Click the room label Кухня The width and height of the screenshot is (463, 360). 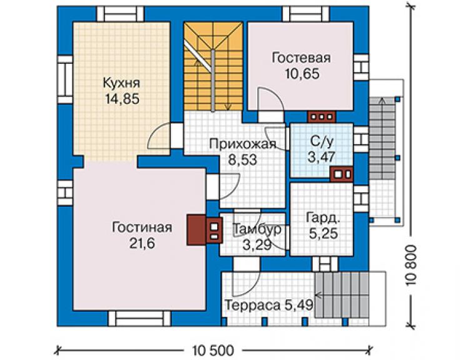click(x=121, y=83)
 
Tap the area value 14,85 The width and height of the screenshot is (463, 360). click(x=122, y=99)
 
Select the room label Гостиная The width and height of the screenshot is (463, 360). click(x=142, y=228)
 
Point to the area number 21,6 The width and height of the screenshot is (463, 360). click(x=142, y=244)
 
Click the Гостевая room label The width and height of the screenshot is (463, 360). click(x=301, y=58)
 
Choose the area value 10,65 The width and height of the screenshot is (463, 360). click(x=302, y=74)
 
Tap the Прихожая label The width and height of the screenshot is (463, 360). click(x=242, y=144)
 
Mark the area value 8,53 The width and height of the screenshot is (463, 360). click(x=243, y=160)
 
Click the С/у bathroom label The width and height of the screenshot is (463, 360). click(x=322, y=141)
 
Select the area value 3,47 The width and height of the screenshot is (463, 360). click(x=321, y=157)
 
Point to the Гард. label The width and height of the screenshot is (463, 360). click(x=323, y=218)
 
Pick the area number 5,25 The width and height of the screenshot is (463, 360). click(x=323, y=234)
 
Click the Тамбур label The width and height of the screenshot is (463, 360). click(x=257, y=229)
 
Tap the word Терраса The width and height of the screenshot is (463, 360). click(x=253, y=306)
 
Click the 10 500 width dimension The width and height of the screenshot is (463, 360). click(x=213, y=351)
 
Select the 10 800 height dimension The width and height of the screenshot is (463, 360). click(x=410, y=265)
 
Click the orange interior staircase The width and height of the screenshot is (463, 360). click(x=213, y=66)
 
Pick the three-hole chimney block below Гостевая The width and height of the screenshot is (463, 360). click(x=322, y=116)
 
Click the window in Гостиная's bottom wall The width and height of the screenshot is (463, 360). click(x=140, y=318)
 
